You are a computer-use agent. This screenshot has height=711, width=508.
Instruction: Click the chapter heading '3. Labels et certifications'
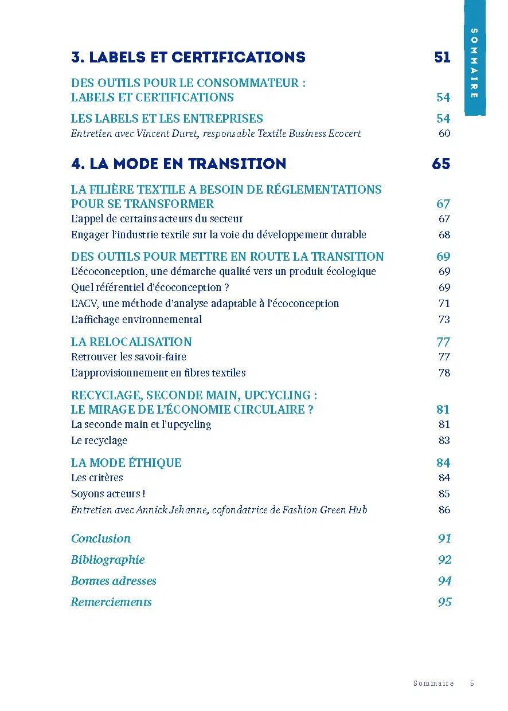tap(188, 57)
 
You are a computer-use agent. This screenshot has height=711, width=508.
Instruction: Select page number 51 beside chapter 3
tap(442, 57)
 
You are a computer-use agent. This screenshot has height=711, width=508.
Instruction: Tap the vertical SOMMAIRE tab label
tap(474, 63)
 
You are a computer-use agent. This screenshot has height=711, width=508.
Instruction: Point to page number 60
tap(444, 133)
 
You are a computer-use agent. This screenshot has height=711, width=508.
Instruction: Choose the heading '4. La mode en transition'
tap(178, 164)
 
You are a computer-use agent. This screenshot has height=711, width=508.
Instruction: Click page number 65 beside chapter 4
tap(441, 164)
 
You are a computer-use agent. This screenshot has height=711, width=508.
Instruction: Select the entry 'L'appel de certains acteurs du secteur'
tap(157, 219)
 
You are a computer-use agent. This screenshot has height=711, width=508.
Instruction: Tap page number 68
tap(444, 235)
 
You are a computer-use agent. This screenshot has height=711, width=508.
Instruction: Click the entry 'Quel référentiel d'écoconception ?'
tap(146, 288)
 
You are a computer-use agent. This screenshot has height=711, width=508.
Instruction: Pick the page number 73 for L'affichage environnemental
tap(444, 320)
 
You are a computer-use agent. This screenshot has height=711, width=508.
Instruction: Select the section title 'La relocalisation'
tap(131, 342)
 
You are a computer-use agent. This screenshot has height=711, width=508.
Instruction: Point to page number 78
tap(444, 373)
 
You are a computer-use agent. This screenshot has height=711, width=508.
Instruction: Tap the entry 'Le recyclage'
tap(99, 441)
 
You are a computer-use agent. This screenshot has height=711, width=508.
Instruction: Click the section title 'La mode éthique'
tap(126, 463)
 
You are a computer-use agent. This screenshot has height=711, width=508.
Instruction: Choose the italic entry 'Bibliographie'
tap(108, 560)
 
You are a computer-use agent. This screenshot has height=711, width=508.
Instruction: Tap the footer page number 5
tap(472, 683)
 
